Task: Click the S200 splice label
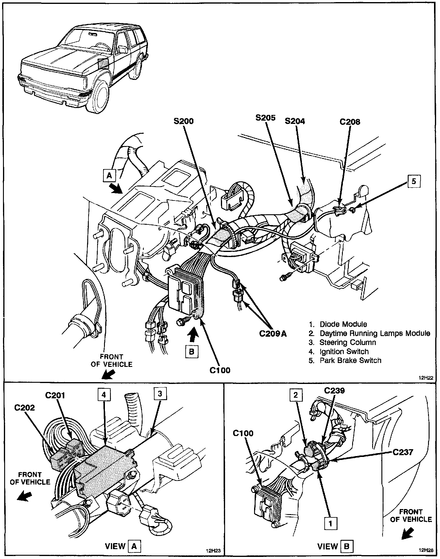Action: point(183,121)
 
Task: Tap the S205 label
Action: point(265,118)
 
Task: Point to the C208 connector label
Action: point(350,122)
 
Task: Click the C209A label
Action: point(273,333)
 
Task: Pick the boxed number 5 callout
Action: point(414,181)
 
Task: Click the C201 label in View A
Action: point(55,395)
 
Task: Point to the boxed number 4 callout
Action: point(103,395)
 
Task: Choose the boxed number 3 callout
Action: point(160,394)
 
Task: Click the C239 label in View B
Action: point(334,390)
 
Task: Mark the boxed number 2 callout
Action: point(296,395)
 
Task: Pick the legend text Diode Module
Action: point(343,324)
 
